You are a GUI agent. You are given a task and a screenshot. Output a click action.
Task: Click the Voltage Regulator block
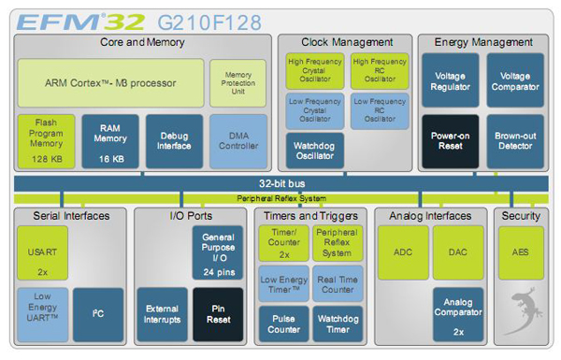click(450, 81)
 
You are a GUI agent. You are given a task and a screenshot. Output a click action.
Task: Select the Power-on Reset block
click(450, 141)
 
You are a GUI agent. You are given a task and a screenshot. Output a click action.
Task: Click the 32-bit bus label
click(280, 183)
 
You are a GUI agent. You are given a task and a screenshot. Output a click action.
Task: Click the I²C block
click(98, 313)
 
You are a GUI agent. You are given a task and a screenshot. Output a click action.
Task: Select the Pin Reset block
click(217, 313)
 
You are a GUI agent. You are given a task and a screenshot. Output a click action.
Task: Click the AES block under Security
click(521, 253)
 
